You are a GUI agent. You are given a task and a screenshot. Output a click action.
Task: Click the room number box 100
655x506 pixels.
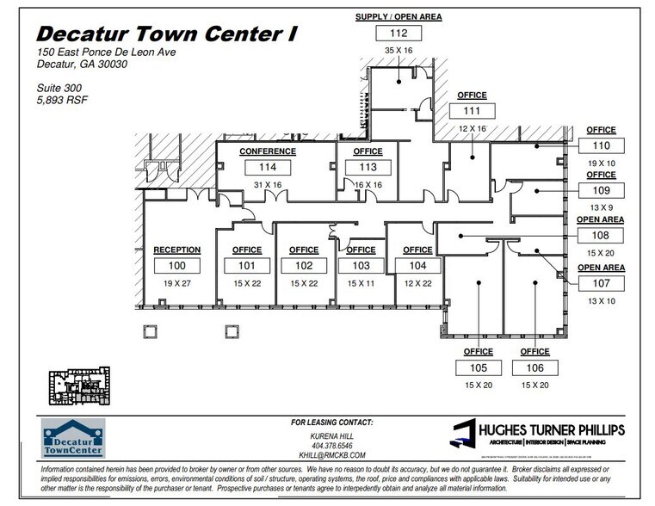coord(176,266)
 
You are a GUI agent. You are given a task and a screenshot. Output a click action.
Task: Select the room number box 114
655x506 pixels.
coord(269,168)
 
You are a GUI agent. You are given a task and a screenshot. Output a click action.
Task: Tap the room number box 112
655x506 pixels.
coord(399,34)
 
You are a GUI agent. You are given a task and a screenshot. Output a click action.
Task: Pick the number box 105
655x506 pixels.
coord(478,367)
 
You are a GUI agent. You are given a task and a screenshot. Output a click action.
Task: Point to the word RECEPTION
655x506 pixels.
coord(176,250)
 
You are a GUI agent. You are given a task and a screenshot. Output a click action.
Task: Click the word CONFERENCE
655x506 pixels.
coord(268,152)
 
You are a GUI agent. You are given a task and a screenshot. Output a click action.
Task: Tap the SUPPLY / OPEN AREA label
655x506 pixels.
coord(399,17)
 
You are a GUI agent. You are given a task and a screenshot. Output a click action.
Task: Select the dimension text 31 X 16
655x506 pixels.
coord(268,184)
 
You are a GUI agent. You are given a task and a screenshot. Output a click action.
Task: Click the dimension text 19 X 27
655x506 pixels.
coord(176,282)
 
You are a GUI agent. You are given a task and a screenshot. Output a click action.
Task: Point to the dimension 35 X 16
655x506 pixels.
coord(398,51)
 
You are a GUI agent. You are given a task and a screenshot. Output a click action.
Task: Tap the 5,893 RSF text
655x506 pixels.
coord(62,100)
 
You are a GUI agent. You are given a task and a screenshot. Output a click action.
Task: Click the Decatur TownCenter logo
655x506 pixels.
coord(73,437)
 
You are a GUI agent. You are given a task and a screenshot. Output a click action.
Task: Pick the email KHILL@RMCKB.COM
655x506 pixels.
coord(331,455)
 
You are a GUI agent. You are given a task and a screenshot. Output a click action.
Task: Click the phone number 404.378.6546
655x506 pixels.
coord(331,446)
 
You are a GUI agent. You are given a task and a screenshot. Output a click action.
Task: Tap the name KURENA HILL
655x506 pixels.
coord(331,436)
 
